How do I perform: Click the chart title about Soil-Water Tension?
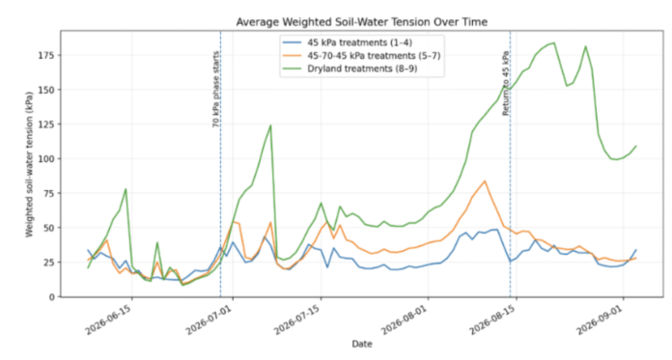pos(362,22)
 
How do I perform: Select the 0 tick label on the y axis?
pos(52,297)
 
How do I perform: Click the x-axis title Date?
pos(362,344)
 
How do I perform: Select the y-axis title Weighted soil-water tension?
pos(29,164)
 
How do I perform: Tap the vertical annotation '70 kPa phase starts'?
pos(215,89)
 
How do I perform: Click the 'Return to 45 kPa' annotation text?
pos(506,83)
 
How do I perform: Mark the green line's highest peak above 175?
pos(554,42)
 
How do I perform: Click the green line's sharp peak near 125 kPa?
pos(270,125)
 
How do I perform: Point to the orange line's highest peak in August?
pos(485,180)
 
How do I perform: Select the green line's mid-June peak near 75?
pos(126,189)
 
